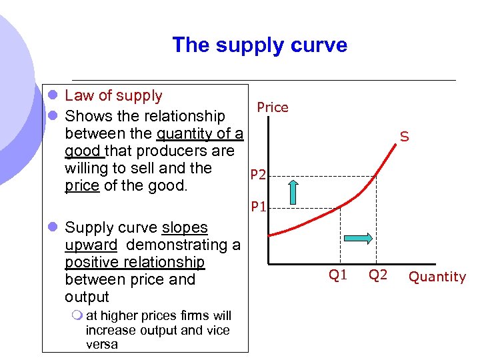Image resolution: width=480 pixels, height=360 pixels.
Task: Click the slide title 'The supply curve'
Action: point(259,45)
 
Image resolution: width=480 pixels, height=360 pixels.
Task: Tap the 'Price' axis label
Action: point(273,107)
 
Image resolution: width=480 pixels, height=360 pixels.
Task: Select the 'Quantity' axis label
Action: point(437,277)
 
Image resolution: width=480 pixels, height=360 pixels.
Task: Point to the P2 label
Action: point(259,175)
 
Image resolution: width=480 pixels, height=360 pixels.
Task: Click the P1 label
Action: point(259,207)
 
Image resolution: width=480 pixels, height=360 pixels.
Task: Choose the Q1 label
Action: point(338,275)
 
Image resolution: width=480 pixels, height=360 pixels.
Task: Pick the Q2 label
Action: point(378,275)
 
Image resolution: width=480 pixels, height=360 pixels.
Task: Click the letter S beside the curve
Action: point(404,137)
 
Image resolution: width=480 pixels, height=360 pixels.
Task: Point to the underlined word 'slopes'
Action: point(185,227)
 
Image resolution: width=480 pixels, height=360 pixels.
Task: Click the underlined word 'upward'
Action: point(91,245)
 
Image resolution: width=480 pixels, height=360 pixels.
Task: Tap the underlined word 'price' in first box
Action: point(82,185)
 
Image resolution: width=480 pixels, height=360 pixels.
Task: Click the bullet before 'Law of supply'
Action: point(51,97)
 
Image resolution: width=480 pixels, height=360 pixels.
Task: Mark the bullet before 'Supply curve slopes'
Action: point(51,228)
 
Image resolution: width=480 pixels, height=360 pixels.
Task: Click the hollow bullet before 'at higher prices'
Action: point(78,316)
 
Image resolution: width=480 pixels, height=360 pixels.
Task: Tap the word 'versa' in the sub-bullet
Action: point(102,345)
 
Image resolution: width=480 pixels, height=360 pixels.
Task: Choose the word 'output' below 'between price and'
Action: point(87,297)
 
